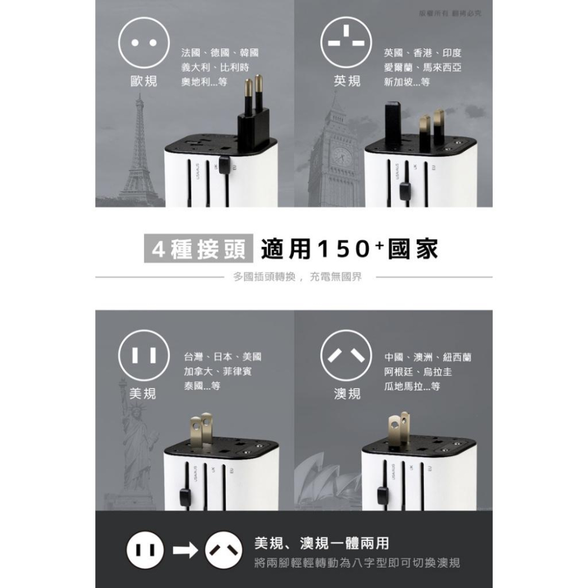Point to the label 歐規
pos(143,81)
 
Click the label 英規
pos(347,81)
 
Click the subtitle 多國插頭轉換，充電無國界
pos(297,276)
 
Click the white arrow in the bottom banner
pos(185,550)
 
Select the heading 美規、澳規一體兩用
pos(321,542)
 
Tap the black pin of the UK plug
pos(392,123)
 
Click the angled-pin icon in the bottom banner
pos(223,550)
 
